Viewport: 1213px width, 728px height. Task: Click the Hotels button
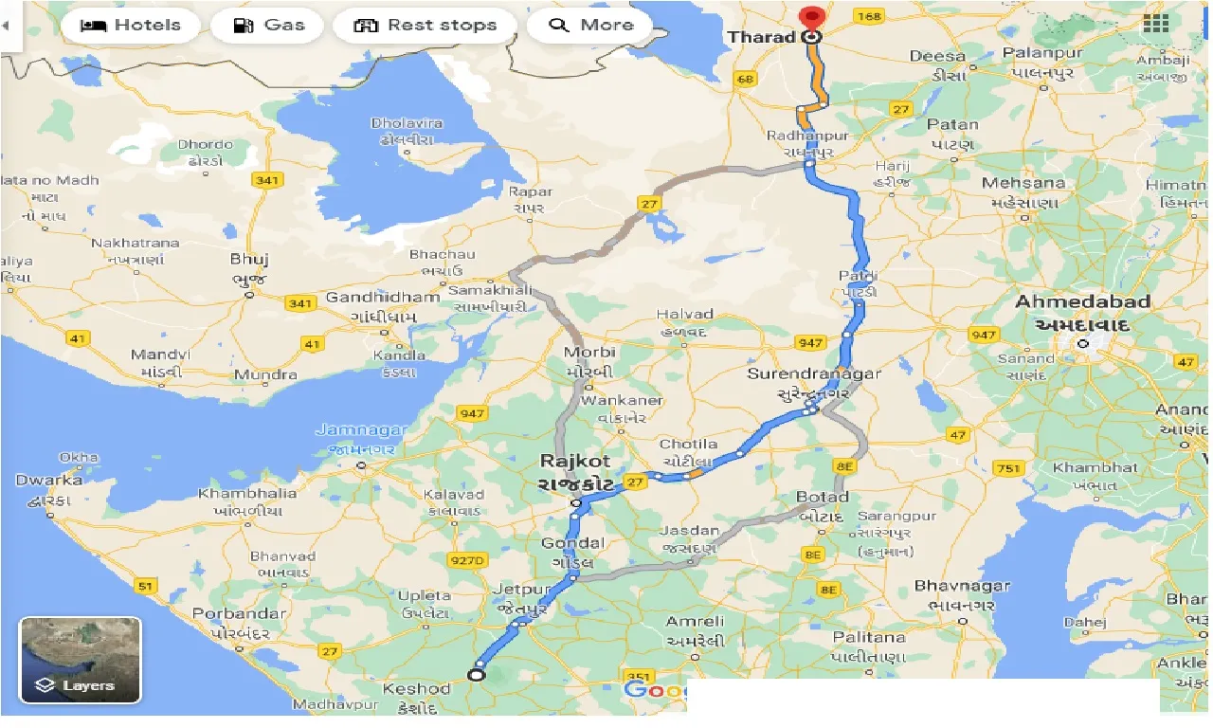point(132,26)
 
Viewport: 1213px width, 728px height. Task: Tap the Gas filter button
point(270,26)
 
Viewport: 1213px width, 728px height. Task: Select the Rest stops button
point(425,26)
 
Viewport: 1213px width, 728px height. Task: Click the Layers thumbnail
point(81,660)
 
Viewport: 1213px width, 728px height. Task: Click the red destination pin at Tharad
point(811,18)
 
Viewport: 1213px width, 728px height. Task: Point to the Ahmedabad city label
point(1082,302)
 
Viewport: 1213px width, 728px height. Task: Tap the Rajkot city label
point(574,462)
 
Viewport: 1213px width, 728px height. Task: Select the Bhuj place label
point(250,259)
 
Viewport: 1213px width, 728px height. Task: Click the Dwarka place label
point(48,481)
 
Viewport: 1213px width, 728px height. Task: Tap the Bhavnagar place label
point(963,587)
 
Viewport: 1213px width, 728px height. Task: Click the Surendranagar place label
point(814,373)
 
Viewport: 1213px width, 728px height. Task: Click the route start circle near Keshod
point(477,675)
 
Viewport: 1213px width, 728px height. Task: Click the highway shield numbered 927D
point(468,561)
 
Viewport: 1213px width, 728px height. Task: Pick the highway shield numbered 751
point(1009,468)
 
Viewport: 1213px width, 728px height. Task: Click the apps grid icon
point(1156,24)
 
